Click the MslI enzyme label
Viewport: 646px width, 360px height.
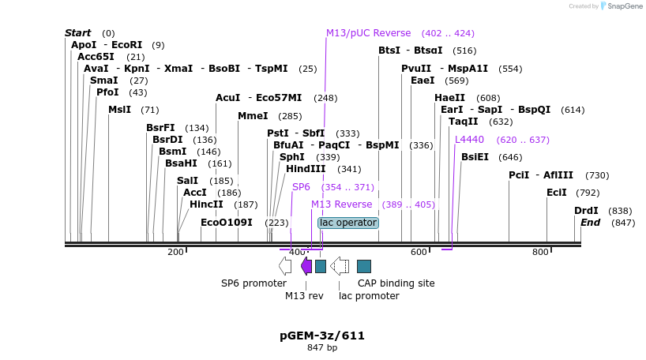(120, 110)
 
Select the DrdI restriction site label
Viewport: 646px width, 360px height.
(586, 211)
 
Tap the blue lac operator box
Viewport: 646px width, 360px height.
(348, 223)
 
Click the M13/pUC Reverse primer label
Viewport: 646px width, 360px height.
(369, 33)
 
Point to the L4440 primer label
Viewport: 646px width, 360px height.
(470, 140)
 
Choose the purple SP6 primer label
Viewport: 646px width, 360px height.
(301, 187)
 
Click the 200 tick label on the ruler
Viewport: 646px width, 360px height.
(175, 252)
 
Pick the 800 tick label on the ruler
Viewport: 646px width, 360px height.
(540, 252)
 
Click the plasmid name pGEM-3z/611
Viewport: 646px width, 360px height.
(322, 336)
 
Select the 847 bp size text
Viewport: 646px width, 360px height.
(322, 347)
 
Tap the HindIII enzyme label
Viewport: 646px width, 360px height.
(306, 169)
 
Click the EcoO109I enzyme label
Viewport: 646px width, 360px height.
(227, 223)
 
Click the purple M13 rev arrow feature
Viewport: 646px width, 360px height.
(306, 265)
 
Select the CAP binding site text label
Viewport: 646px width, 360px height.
(390, 283)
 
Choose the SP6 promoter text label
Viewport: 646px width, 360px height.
(254, 283)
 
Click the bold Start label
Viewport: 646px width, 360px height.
(78, 33)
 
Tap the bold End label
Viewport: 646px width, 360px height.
(591, 223)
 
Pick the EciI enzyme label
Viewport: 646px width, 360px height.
(557, 193)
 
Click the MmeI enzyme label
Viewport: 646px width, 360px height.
(254, 116)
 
